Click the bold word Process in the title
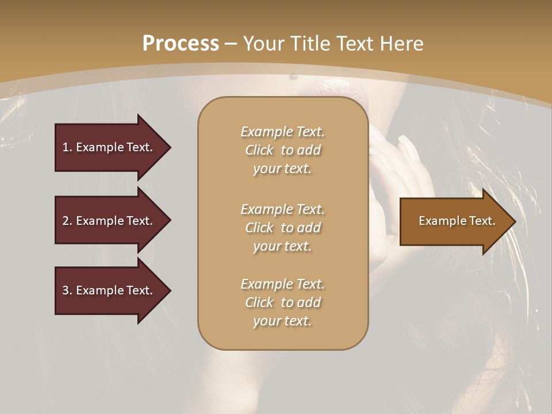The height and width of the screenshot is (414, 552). pos(181,44)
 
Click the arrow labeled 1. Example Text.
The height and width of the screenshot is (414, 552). pos(109,147)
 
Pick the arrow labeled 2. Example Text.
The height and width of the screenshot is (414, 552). pos(109,221)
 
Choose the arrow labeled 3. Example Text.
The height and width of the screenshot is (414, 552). pos(109,290)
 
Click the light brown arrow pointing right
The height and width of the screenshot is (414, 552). pos(454,221)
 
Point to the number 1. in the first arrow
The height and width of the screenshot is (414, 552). pos(67,147)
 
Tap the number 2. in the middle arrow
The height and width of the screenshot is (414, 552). pos(67,221)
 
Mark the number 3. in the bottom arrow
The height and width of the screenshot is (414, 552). pos(67,290)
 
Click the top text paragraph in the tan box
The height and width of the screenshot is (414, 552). pos(282,150)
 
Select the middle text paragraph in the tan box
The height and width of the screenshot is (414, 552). pos(282,228)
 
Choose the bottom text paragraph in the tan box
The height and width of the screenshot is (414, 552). pos(282,302)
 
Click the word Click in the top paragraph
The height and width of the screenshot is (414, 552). pos(259,150)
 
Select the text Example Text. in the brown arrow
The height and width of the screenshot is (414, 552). pos(457,221)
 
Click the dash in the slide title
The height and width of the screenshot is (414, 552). pos(231,44)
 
